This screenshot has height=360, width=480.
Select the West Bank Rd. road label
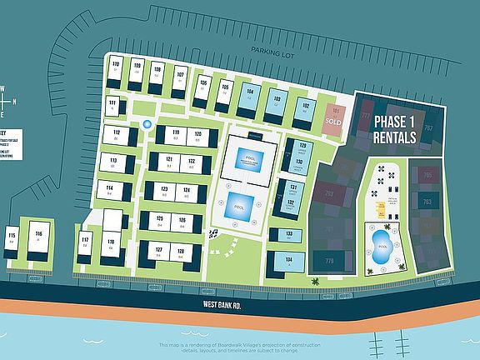(x=222, y=306)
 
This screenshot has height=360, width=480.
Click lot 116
(x=38, y=237)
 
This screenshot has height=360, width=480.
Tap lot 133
(x=288, y=237)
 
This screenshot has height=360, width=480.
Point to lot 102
(x=306, y=108)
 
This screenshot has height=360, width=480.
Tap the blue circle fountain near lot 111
(x=147, y=124)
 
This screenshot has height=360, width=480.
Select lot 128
(x=179, y=252)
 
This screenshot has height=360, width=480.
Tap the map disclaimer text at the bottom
(x=240, y=348)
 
